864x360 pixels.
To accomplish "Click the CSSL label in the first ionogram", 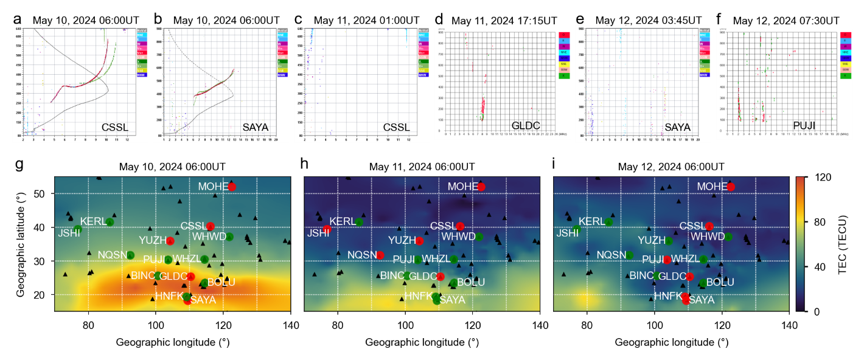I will click(x=116, y=127).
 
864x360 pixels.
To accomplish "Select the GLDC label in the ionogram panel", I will click(x=526, y=125).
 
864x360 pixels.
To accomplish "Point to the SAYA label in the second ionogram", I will click(x=255, y=127).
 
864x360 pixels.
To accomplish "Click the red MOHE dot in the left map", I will click(x=231, y=187).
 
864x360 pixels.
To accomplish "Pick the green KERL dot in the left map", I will click(x=110, y=222).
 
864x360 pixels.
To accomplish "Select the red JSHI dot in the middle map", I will click(x=327, y=229).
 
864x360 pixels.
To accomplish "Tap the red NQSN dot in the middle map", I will click(x=380, y=255).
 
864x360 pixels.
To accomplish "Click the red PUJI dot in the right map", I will click(x=667, y=260).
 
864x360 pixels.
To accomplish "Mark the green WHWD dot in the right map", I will click(x=728, y=237).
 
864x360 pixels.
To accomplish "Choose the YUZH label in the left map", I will click(x=152, y=240).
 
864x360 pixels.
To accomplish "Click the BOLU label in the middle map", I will click(x=471, y=282).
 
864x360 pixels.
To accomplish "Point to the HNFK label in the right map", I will click(x=667, y=296).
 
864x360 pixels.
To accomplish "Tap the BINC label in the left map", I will click(x=143, y=275).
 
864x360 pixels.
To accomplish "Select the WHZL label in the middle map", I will click(x=436, y=259).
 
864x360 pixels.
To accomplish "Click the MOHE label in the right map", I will click(x=711, y=187).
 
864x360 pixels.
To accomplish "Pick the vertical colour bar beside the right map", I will click(x=800, y=244).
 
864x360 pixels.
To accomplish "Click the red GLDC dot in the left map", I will click(x=191, y=277).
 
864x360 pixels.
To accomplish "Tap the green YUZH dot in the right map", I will click(x=669, y=241).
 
